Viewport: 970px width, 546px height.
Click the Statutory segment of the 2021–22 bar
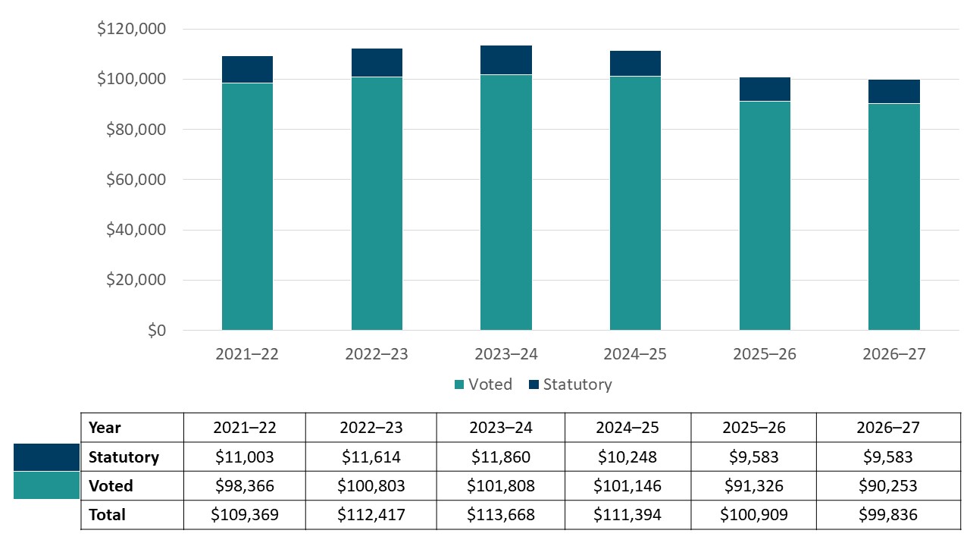coord(247,70)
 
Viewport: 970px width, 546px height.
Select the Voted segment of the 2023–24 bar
coord(505,202)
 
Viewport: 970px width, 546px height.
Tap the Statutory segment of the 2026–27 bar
coord(893,91)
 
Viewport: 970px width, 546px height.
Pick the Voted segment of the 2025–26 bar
coord(765,215)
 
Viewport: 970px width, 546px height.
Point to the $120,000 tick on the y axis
coord(131,30)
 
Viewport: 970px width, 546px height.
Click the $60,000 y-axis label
coord(131,180)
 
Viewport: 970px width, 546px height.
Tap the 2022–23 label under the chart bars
coord(376,354)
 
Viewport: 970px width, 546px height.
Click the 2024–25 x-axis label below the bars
coord(635,354)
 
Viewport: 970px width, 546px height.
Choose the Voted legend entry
coord(483,384)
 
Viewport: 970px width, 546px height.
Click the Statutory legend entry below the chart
coord(569,384)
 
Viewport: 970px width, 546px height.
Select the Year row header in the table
coord(105,428)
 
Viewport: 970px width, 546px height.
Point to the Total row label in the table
coord(107,515)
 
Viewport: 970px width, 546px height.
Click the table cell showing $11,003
coord(245,457)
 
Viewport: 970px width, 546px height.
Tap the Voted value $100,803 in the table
coord(371,486)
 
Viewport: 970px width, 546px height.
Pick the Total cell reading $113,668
coord(501,515)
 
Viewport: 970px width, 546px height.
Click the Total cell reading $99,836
coord(888,515)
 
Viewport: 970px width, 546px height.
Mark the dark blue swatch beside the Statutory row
coord(46,457)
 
